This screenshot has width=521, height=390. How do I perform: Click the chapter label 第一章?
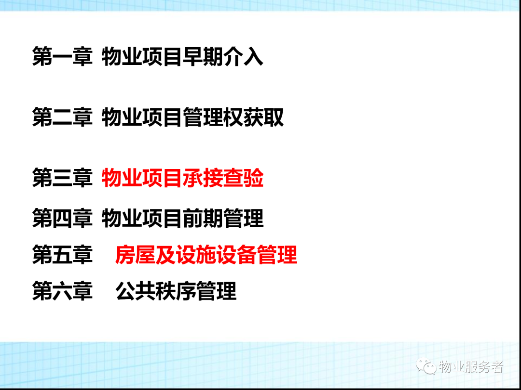pos(62,56)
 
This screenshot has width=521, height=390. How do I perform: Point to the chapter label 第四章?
pos(62,218)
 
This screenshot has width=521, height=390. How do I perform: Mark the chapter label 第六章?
pos(62,291)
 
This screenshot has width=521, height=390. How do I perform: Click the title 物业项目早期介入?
pos(182,56)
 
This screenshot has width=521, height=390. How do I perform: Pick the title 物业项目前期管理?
pos(182,218)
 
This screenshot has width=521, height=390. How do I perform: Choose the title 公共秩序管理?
pos(176,291)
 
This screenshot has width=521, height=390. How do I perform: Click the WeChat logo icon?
pos(426,366)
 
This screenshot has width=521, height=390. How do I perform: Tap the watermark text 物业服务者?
pos(471,367)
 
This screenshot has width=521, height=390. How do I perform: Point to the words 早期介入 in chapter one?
pos(223,56)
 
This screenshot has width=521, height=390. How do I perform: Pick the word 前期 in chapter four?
pos(203,218)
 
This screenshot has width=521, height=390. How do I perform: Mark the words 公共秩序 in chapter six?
pos(156,291)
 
